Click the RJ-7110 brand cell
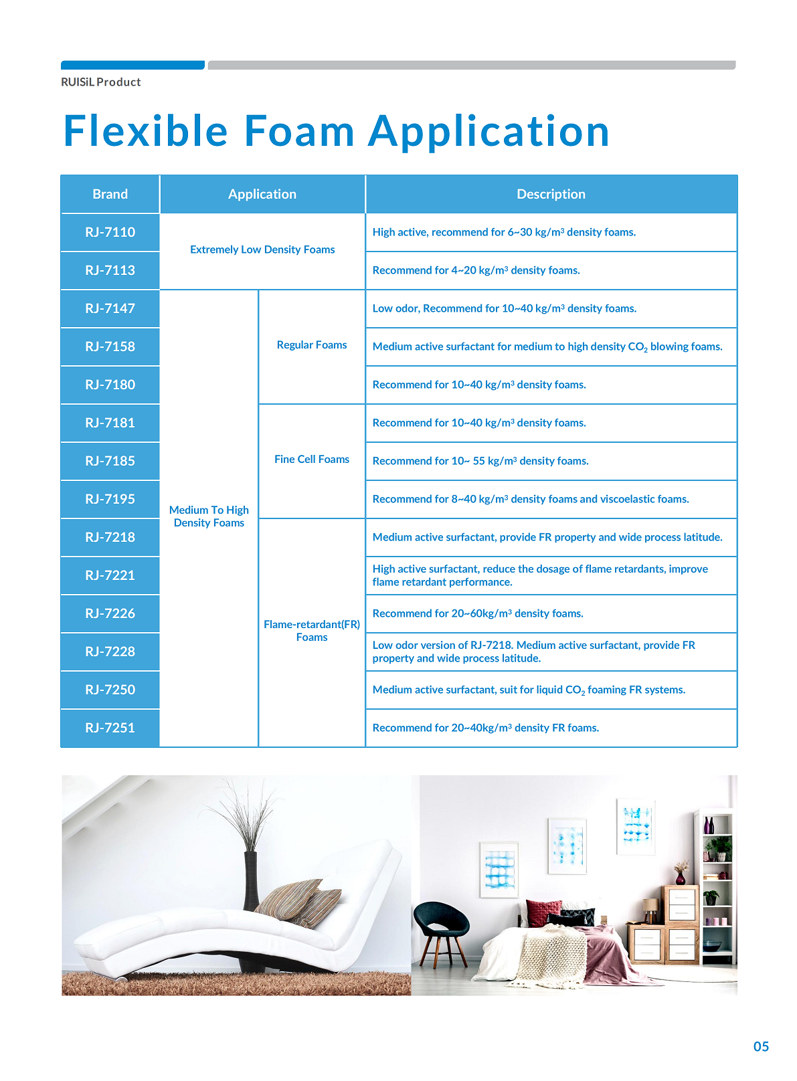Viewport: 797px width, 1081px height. (110, 232)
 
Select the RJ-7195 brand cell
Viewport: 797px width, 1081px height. (110, 499)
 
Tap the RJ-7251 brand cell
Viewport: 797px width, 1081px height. (110, 728)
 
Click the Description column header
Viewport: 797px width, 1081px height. (551, 194)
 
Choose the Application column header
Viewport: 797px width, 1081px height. (262, 194)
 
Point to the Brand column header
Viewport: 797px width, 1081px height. (110, 194)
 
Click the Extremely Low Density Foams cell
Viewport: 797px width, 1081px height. (262, 250)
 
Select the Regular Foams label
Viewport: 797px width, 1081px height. (312, 345)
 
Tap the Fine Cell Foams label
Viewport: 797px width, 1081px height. (312, 460)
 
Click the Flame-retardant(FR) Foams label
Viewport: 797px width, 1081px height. (312, 631)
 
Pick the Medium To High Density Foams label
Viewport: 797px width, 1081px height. (209, 516)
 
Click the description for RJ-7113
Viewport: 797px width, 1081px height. (476, 270)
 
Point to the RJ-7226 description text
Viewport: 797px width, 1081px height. (478, 613)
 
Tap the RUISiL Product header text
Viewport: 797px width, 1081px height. (101, 82)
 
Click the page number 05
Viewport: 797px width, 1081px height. (761, 1047)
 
